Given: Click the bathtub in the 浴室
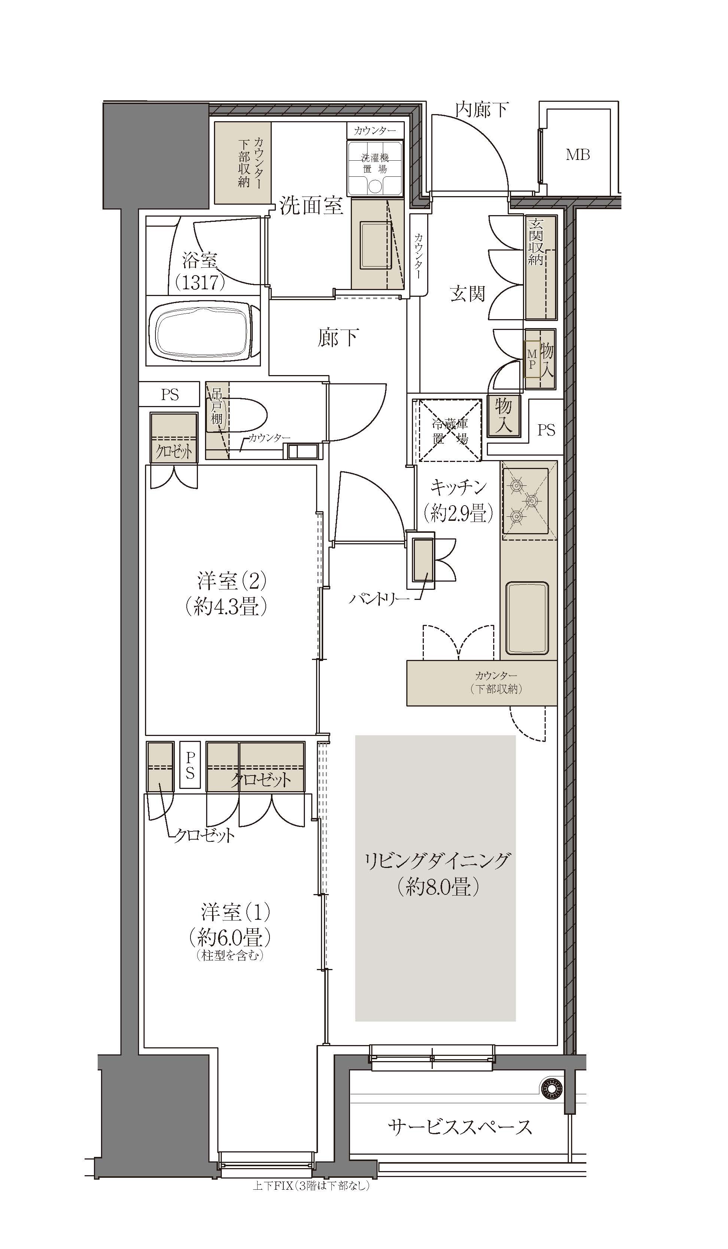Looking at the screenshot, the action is [x=203, y=331].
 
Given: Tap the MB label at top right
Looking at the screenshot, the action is [x=578, y=155].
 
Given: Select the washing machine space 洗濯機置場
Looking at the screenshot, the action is [x=375, y=168].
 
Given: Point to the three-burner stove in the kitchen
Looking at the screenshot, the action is [x=525, y=501].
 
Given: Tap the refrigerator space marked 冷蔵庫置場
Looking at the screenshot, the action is [x=450, y=430].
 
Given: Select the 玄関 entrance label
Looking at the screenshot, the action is [x=467, y=294].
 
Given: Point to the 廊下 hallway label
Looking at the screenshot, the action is [x=338, y=338].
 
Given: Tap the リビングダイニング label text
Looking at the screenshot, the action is [x=437, y=861].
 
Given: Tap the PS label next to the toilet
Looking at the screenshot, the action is [x=170, y=394].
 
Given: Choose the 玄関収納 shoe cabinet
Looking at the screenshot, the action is [x=540, y=268].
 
